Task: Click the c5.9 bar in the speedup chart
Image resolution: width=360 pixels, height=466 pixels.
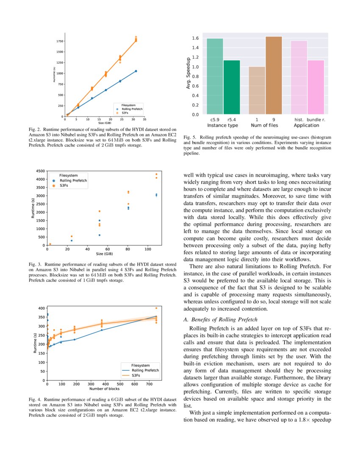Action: click(x=215, y=76)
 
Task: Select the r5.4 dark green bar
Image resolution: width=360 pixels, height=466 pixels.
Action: click(x=232, y=87)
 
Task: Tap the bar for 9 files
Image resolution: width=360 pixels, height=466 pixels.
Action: click(x=274, y=75)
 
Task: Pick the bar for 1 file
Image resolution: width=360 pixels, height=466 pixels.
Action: click(x=257, y=90)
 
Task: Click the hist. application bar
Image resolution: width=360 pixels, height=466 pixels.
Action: click(x=299, y=78)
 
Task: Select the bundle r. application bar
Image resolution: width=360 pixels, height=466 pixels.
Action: click(x=316, y=87)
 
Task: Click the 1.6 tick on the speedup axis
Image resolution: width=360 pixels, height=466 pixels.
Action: click(x=196, y=38)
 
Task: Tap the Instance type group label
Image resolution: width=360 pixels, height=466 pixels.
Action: click(x=222, y=125)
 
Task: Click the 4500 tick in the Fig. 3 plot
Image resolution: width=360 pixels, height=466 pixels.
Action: click(x=40, y=171)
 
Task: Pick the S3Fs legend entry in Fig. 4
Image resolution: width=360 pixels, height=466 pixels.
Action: click(x=136, y=375)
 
